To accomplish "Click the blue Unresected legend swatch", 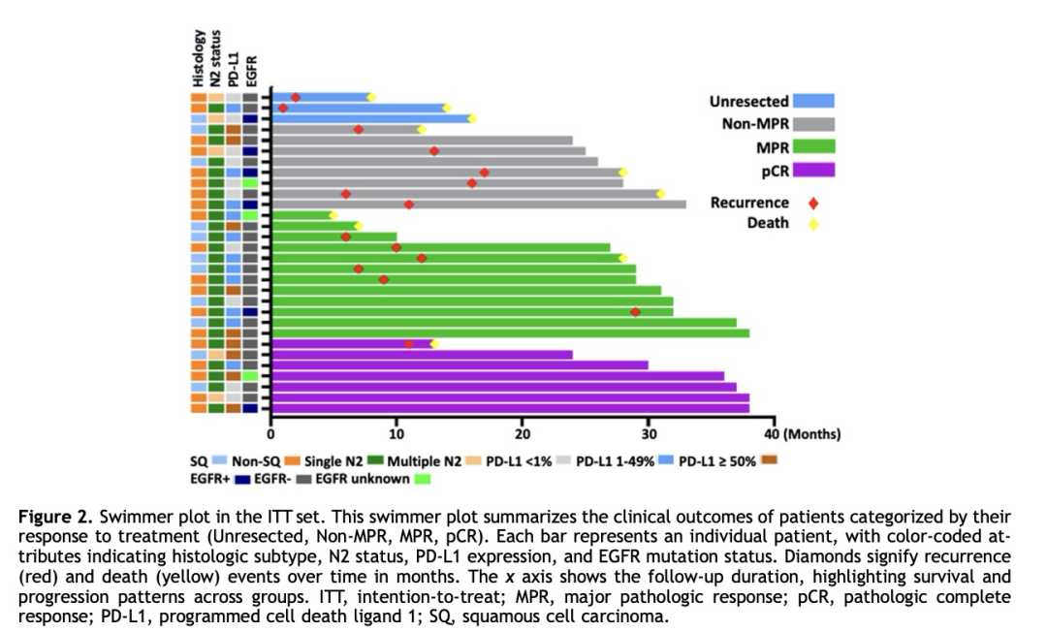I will (812, 101).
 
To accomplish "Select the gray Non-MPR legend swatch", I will (812, 123).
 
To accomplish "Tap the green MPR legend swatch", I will (812, 146).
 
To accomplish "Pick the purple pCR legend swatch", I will (812, 170).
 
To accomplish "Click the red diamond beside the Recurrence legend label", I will (813, 204).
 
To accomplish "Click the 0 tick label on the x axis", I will (272, 433).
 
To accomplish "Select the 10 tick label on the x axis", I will (397, 433).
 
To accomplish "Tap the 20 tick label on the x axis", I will (523, 433).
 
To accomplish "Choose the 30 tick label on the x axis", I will (648, 433).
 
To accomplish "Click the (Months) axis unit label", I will (811, 433).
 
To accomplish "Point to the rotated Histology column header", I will (198, 58).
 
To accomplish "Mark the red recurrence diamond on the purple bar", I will (409, 344).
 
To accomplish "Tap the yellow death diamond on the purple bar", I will (434, 344).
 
